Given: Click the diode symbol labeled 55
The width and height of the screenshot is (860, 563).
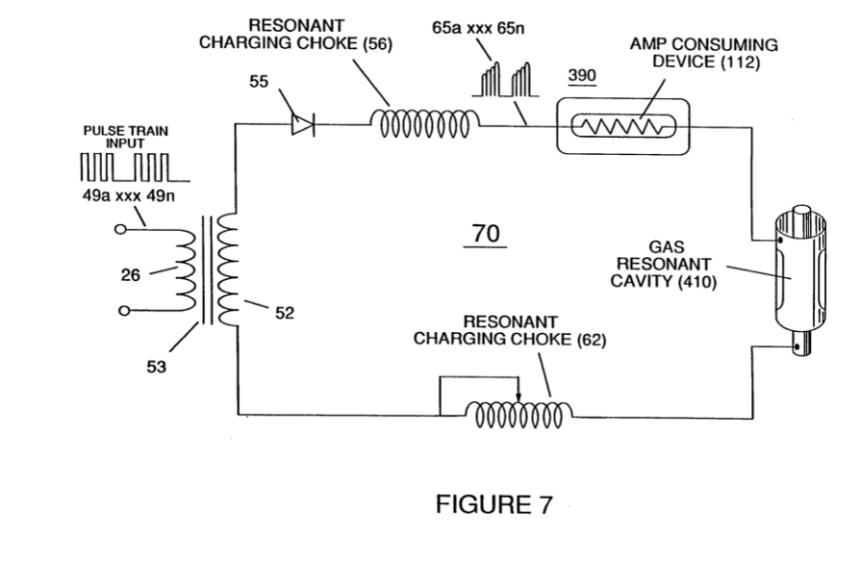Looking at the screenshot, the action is [303, 124].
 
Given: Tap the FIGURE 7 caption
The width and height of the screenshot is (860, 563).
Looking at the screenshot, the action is [493, 503].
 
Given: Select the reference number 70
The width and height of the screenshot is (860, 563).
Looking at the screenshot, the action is [486, 233].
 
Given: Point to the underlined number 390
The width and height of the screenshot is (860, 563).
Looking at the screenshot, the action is [582, 75].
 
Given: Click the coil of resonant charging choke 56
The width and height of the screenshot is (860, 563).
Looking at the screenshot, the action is [425, 124].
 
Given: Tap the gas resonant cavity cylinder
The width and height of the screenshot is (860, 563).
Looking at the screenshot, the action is [800, 280].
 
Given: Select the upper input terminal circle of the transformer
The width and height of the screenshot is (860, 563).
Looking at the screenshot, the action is [120, 229].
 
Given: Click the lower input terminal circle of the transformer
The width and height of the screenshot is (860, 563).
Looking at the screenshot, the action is [124, 311].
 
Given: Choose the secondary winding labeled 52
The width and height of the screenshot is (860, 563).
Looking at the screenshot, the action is [227, 269].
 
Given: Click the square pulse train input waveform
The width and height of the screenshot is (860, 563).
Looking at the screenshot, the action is [135, 167].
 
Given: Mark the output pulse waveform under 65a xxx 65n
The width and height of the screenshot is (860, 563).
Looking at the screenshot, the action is [506, 80].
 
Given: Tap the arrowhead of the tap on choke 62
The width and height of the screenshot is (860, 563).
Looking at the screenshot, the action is [519, 397].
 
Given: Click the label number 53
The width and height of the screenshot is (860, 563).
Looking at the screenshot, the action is [156, 366].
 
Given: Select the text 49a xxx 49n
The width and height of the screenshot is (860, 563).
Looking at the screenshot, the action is [129, 195].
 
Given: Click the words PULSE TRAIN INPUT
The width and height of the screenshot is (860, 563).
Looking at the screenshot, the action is [126, 138].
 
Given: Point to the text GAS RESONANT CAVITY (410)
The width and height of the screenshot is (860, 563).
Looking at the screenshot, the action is [664, 264].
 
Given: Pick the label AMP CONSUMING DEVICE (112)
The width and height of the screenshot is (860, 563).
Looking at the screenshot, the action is [704, 53].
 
